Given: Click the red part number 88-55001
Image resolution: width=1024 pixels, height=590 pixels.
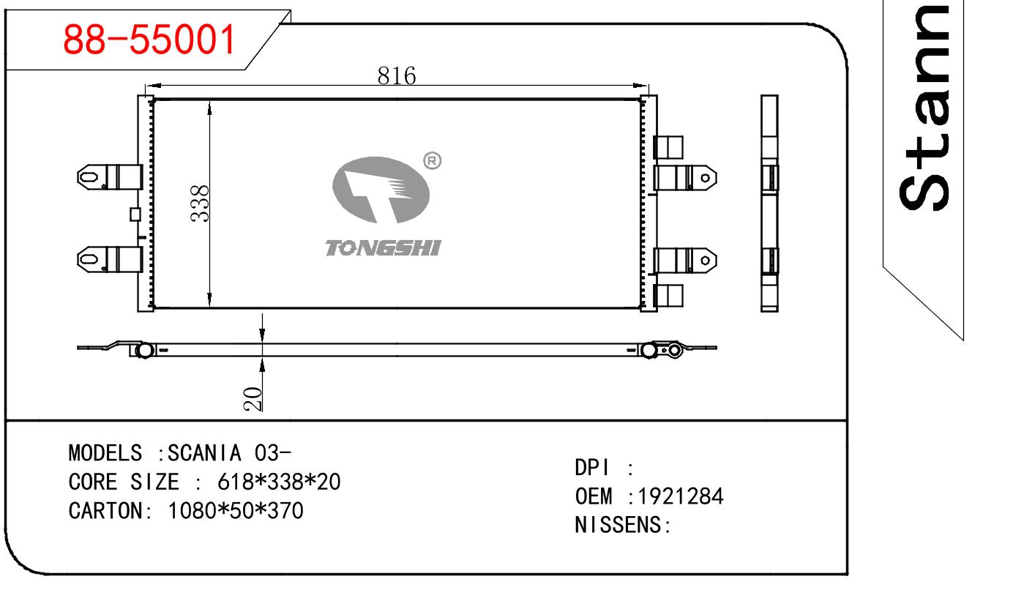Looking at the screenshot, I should (150, 41).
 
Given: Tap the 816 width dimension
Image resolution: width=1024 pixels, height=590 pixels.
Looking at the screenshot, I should (397, 75).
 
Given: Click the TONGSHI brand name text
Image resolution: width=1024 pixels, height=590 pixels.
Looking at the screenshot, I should (383, 249).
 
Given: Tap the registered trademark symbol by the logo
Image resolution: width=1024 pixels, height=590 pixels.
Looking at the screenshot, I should (433, 160).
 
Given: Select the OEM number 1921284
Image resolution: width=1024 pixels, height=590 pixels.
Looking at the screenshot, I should (681, 497).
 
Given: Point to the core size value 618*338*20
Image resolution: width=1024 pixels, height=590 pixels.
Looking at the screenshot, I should (279, 482).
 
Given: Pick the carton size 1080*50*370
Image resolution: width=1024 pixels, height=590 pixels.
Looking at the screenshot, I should (236, 511).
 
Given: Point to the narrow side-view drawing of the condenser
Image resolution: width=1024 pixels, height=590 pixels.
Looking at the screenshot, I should (769, 203).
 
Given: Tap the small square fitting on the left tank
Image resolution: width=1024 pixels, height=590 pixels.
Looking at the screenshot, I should (135, 214).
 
